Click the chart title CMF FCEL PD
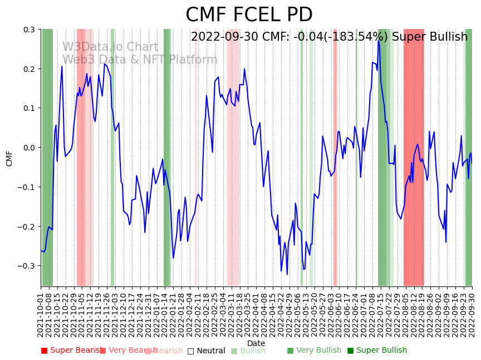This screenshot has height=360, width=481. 249,15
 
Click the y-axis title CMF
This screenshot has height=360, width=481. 9,158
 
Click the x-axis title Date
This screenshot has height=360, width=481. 256,343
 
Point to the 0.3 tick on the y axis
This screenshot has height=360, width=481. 29,30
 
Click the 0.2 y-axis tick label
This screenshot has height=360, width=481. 29,69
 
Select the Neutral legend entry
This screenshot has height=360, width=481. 206,351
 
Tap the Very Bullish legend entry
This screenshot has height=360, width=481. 314,351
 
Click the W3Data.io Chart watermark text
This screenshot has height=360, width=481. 110,47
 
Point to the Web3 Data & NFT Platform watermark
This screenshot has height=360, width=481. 140,60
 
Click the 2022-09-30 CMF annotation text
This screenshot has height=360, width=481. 329,37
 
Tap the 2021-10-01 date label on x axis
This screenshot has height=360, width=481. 41,315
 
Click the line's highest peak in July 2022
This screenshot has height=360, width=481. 379,40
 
